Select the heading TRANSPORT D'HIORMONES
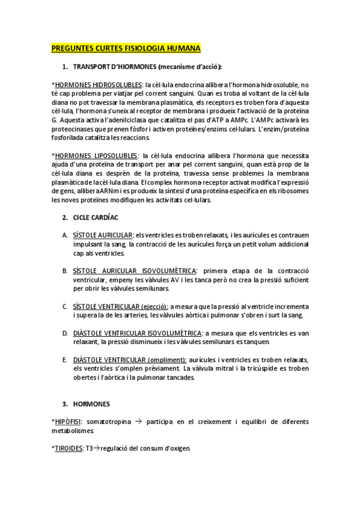(113, 66)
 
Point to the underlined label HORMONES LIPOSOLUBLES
(96, 156)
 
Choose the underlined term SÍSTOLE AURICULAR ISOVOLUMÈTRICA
(135, 271)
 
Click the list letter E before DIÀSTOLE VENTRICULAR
(64, 360)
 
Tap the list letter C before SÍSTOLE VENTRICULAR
(64, 307)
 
